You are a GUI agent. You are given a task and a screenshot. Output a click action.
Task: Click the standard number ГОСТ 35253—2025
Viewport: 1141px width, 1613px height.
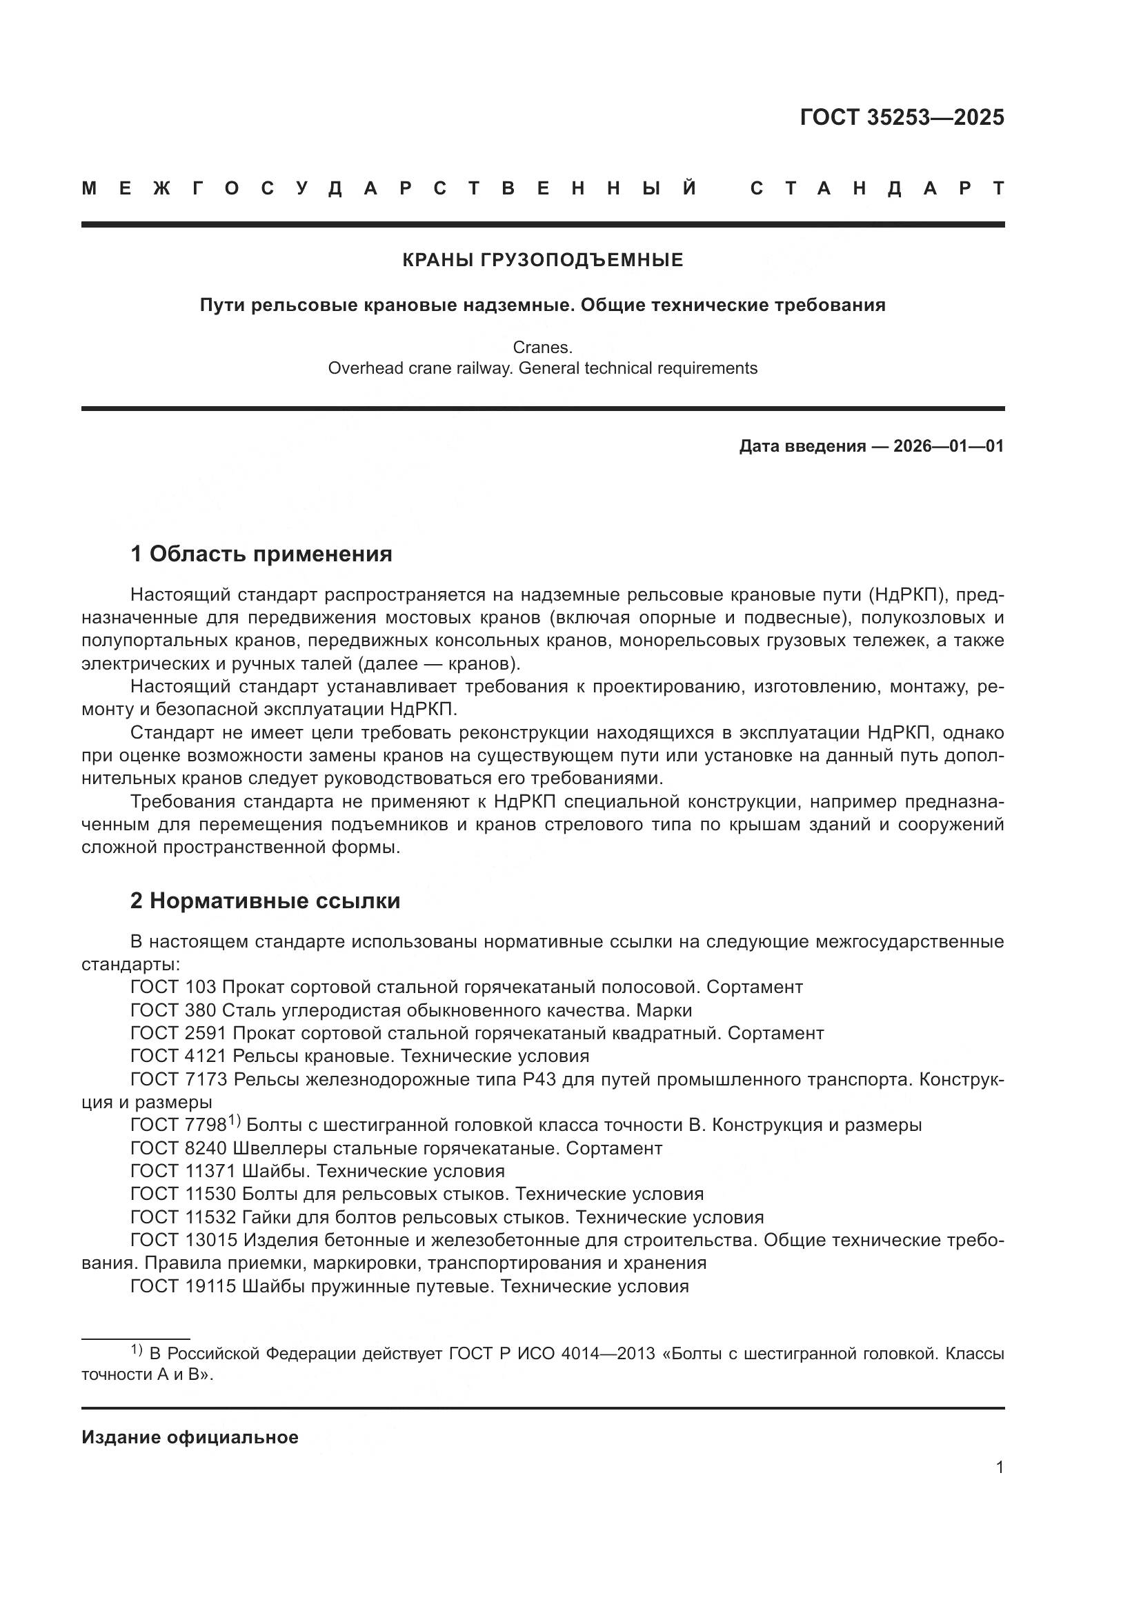coord(902,117)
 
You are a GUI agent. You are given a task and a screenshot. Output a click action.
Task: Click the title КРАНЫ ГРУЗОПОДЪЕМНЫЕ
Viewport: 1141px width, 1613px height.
coord(542,261)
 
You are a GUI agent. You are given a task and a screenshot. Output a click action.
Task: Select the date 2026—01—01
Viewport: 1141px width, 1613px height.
coord(949,446)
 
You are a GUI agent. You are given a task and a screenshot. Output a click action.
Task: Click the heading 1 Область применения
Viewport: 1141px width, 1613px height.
coord(261,554)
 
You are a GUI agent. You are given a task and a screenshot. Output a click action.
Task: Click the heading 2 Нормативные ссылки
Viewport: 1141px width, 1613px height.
coord(265,901)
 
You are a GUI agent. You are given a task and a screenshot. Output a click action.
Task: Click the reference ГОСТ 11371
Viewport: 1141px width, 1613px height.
coord(183,1171)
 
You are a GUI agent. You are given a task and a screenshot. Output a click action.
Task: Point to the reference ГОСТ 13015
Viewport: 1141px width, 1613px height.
coord(183,1240)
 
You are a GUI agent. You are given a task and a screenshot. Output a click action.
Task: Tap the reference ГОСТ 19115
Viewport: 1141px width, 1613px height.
coord(183,1286)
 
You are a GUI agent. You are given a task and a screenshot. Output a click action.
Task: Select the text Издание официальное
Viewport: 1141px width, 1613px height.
coord(190,1437)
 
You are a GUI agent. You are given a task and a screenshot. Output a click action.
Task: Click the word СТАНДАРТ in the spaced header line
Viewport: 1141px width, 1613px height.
coord(877,188)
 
